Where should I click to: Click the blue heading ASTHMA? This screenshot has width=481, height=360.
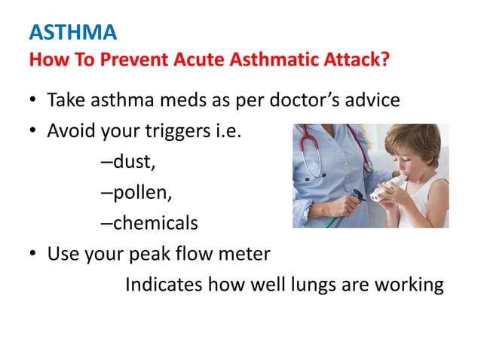pyautogui.click(x=73, y=33)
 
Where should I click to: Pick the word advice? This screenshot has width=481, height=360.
pyautogui.click(x=372, y=100)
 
